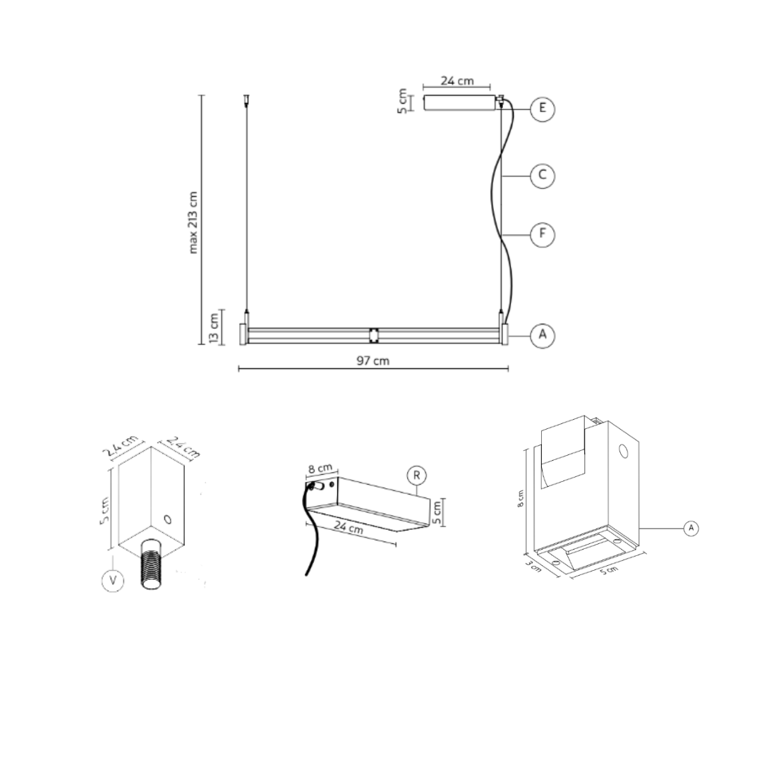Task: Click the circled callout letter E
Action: click(x=542, y=108)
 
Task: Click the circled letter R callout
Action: click(x=417, y=476)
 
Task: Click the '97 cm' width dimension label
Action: click(x=373, y=360)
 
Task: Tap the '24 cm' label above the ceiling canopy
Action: click(x=456, y=80)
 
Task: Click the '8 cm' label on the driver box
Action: click(x=320, y=468)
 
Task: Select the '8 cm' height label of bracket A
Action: click(x=521, y=499)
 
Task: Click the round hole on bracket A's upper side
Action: click(x=623, y=451)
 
